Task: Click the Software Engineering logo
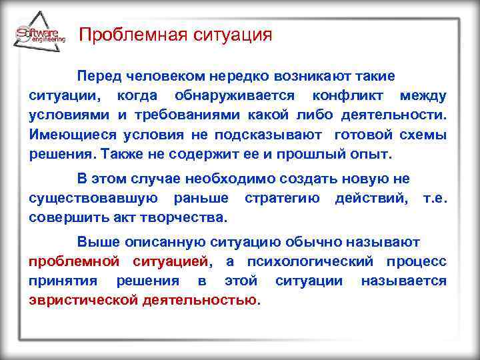click(x=39, y=35)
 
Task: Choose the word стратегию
click(x=282, y=199)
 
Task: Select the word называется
click(x=403, y=281)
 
